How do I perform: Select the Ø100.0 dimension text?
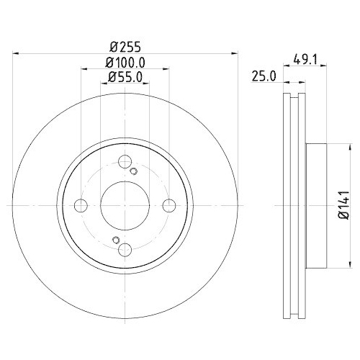tap(125, 62)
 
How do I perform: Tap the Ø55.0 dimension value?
tap(124, 76)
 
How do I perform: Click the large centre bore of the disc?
tap(125, 206)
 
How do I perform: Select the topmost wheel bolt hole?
tap(125, 162)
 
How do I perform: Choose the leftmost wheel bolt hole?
tap(81, 206)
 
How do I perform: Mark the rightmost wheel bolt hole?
tap(169, 206)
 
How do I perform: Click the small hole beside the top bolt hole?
tap(134, 171)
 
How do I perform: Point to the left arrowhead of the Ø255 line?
tap(17, 52)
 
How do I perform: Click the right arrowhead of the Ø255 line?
tap(235, 52)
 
